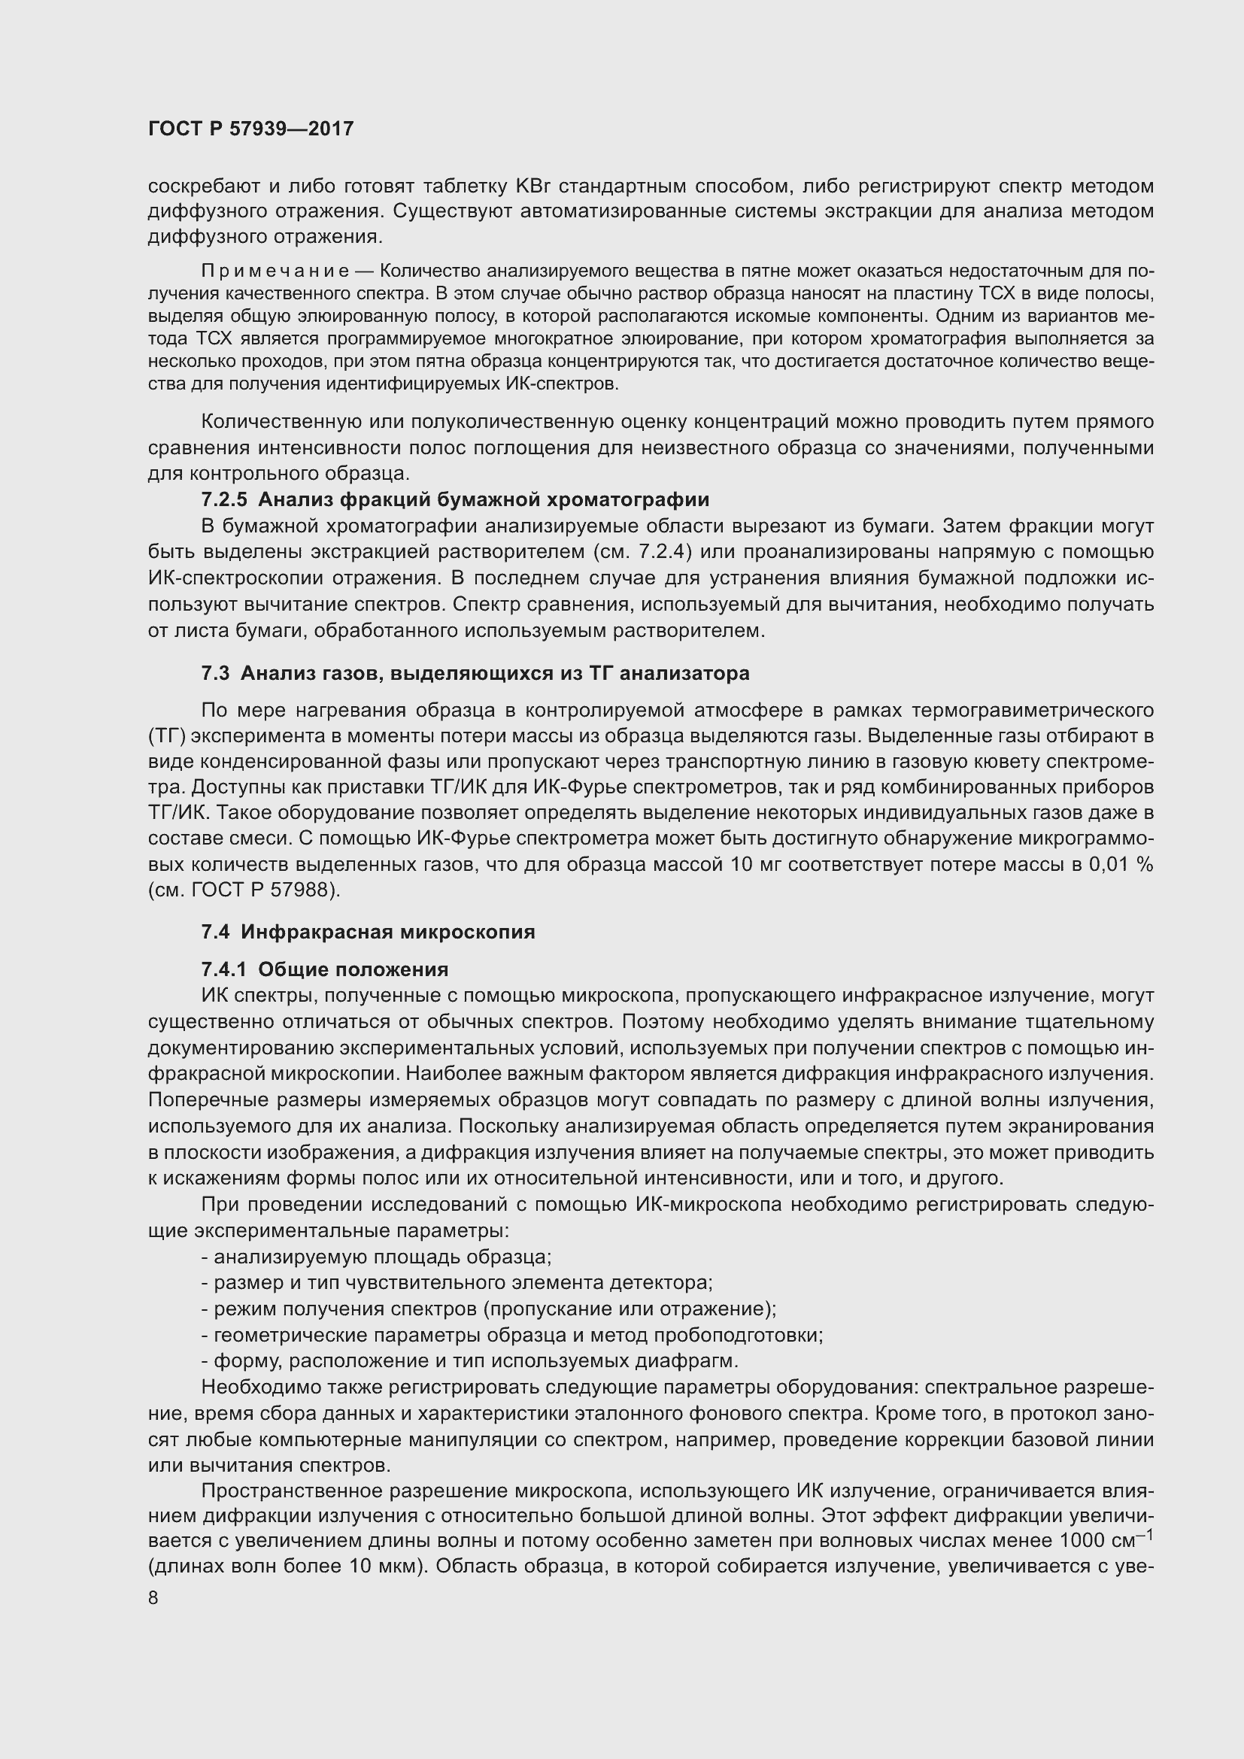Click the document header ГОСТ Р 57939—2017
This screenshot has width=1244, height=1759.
coord(250,129)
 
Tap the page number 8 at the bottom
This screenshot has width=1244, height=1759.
coord(153,1598)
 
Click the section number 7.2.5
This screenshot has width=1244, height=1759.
coord(223,500)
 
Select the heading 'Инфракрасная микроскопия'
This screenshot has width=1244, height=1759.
coord(387,933)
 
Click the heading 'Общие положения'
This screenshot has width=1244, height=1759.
coord(353,970)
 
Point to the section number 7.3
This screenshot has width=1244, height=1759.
coord(214,673)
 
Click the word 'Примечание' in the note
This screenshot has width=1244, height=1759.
coord(275,271)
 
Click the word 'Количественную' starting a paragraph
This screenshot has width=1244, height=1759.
coord(281,423)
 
